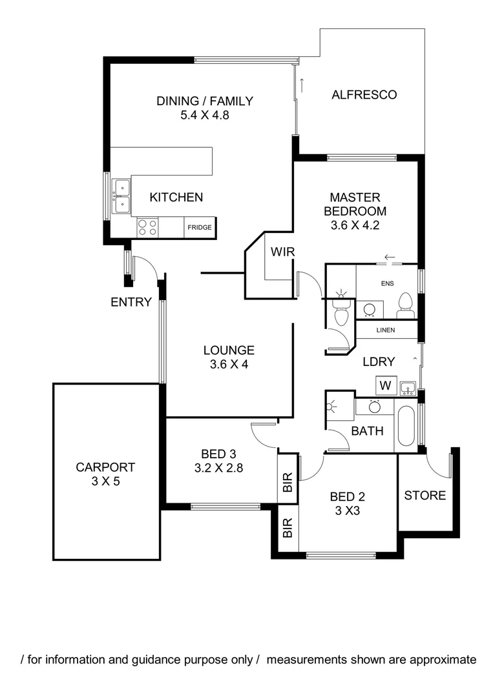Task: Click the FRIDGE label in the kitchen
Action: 199,228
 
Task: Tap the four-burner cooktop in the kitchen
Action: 148,227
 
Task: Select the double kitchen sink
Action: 121,196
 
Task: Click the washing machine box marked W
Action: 385,386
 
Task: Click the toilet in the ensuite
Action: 405,304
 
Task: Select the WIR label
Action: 282,252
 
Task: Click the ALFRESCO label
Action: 364,95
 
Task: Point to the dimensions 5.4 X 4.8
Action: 205,116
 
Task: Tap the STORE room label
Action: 425,496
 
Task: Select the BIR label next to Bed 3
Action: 288,483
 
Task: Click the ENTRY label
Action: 131,302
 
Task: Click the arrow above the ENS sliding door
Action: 389,258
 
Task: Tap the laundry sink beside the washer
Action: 407,387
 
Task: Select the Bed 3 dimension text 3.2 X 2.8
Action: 218,469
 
